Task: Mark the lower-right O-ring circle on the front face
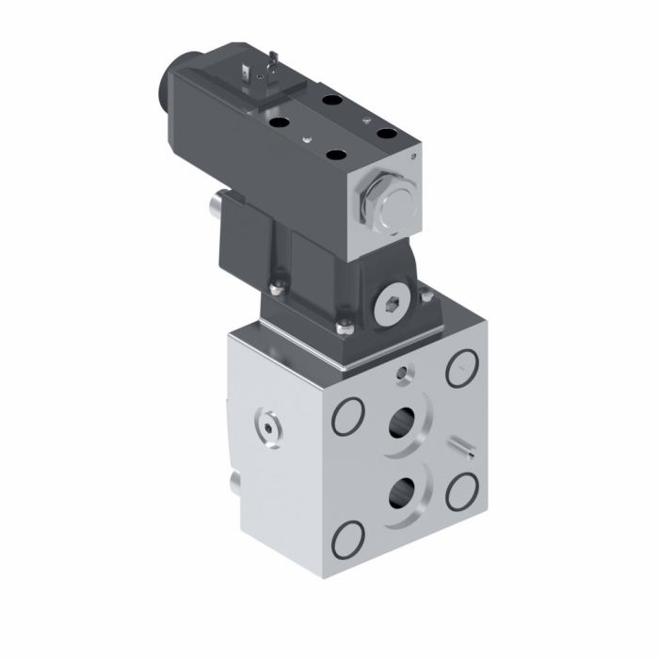point(462,489)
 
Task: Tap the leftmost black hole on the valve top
point(279,121)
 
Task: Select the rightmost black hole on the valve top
point(387,134)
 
